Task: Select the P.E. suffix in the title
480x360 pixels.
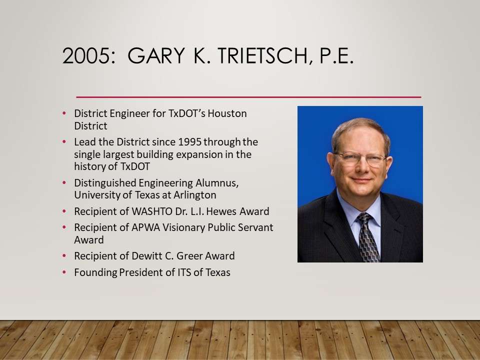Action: [336, 55]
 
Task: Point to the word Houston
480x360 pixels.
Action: [227, 113]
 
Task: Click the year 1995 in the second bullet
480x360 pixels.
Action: [189, 142]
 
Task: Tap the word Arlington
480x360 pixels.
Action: [195, 195]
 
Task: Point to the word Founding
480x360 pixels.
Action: [95, 273]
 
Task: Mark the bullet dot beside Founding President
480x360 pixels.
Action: [64, 272]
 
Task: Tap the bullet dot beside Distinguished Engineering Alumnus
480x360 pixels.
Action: [64, 182]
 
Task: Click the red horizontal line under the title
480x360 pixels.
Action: [248, 97]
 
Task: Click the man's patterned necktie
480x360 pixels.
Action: [368, 237]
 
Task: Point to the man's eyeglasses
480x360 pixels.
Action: [360, 158]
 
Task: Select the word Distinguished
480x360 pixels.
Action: [105, 183]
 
